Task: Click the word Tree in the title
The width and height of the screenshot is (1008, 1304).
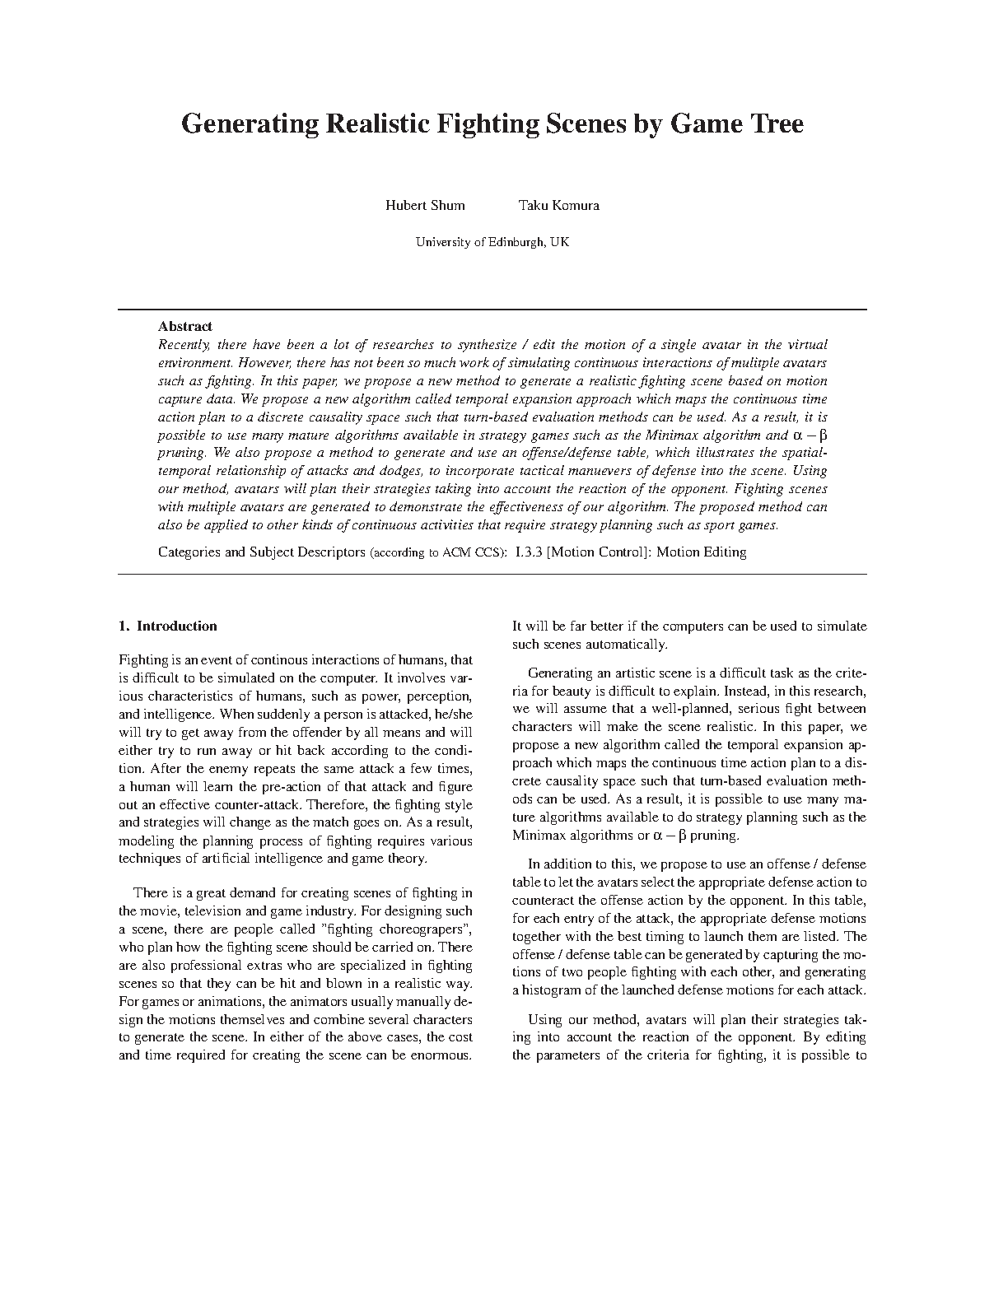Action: (x=772, y=123)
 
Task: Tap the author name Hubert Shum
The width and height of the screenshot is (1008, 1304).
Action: (x=425, y=206)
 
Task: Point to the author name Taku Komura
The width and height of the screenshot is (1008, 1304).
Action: (x=558, y=206)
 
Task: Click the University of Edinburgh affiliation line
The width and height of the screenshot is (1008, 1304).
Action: (x=492, y=242)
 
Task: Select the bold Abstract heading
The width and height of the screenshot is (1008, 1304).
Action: (x=184, y=326)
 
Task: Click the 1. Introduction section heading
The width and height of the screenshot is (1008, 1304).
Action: (x=168, y=626)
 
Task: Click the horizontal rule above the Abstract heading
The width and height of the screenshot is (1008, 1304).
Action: (x=492, y=310)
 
